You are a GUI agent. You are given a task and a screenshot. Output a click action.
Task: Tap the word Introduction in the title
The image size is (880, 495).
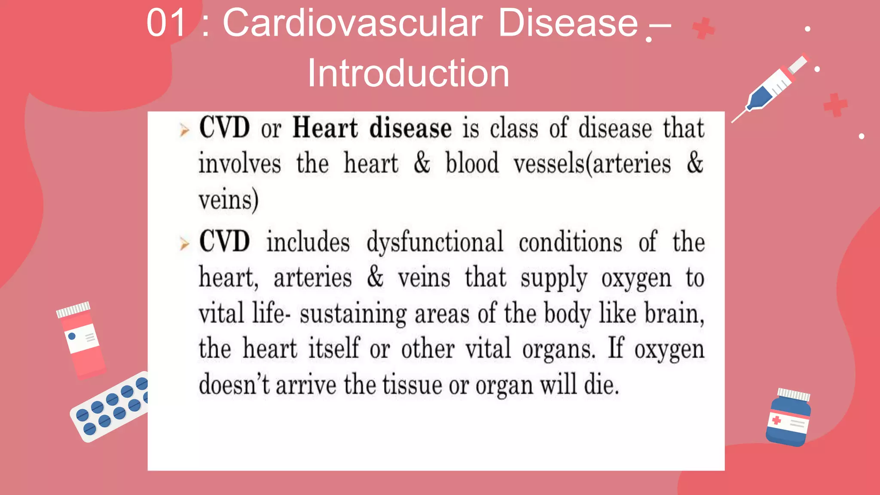coord(408,73)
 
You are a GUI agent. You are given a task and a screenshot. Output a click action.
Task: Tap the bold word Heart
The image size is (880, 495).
coord(325,128)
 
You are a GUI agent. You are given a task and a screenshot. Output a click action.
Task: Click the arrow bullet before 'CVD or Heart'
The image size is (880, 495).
coord(184,130)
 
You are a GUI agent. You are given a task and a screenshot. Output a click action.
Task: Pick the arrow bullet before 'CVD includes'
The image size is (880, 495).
coord(184,244)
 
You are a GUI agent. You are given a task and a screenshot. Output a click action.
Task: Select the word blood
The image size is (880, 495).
coord(472,164)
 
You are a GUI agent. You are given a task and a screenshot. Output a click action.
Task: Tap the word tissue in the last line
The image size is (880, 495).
coord(412,385)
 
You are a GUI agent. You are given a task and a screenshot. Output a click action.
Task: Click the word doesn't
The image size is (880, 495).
coord(234,385)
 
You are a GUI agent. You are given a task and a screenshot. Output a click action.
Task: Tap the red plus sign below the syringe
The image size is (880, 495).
coord(835,105)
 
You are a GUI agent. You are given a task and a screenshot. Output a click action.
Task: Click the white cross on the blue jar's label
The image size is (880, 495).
coord(776,420)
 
